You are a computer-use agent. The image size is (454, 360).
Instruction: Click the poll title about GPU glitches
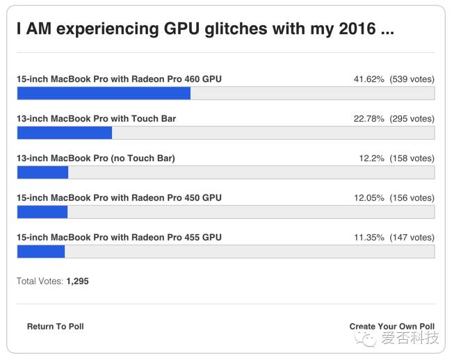pos(205,30)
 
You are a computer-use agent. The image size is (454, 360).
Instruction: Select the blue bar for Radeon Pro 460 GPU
pos(104,94)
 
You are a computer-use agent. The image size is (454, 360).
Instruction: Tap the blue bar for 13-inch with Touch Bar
pos(64,133)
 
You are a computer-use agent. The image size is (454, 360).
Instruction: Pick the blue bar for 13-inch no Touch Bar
pos(42,172)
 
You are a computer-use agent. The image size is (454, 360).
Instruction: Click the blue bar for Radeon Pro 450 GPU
pos(42,212)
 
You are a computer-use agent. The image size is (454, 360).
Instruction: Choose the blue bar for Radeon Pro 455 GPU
pos(40,252)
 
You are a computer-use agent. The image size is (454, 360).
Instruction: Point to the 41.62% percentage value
pos(368,79)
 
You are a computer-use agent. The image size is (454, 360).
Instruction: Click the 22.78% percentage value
pos(368,119)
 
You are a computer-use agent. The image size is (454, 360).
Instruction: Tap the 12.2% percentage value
pos(371,158)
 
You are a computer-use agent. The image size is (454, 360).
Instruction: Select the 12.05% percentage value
pos(368,198)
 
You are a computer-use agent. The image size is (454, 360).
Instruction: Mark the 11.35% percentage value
pos(368,238)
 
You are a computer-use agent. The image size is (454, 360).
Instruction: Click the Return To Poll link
pos(55,326)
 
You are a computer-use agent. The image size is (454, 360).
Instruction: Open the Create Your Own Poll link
pos(391,326)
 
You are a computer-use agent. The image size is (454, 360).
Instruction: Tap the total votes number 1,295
pos(77,281)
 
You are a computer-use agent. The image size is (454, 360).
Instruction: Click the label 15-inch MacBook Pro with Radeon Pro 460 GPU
pos(119,79)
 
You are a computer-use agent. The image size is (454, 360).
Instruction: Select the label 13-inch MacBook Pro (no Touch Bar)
pos(95,158)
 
